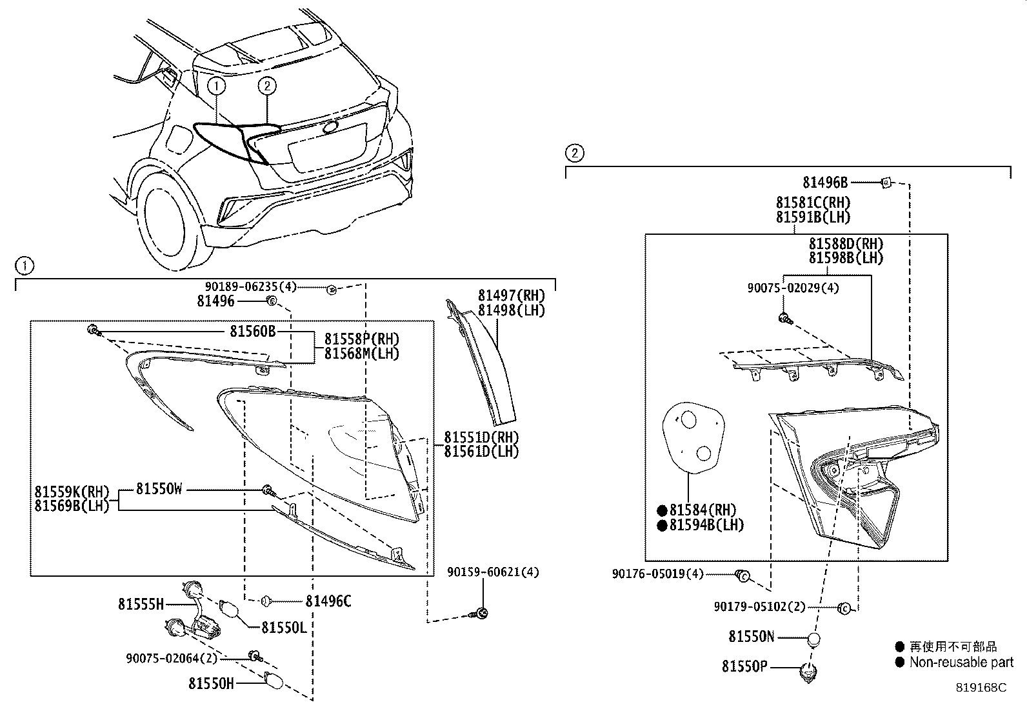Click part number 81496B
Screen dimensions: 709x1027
tap(825, 183)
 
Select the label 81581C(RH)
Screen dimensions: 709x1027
tap(813, 203)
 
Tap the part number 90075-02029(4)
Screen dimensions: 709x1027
tap(793, 288)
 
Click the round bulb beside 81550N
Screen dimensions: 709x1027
tap(814, 639)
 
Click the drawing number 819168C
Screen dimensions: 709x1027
tap(981, 688)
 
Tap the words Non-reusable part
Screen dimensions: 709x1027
tap(961, 663)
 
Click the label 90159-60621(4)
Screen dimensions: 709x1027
tap(493, 572)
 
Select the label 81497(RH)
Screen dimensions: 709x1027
tap(511, 295)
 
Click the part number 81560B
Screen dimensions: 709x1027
tap(252, 332)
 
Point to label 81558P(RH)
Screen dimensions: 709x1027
tap(361, 339)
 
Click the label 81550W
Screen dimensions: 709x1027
tap(159, 490)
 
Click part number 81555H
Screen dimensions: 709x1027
tap(141, 604)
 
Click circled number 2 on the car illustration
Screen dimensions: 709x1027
tap(267, 85)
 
